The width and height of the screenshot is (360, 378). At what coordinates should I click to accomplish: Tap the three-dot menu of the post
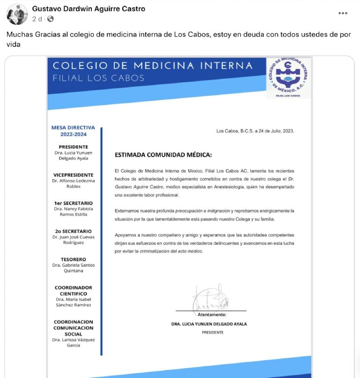[x=343, y=13]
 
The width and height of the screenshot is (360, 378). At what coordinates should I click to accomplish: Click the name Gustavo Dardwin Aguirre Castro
[x=89, y=9]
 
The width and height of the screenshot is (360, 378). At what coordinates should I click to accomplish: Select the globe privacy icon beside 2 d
[x=50, y=19]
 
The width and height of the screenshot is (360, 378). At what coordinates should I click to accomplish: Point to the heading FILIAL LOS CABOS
[x=98, y=78]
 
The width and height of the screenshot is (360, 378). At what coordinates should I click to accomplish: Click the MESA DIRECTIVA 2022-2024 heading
[x=73, y=131]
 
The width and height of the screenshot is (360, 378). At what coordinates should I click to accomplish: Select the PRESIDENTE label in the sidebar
[x=73, y=147]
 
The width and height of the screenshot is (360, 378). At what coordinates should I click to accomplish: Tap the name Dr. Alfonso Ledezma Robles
[x=73, y=183]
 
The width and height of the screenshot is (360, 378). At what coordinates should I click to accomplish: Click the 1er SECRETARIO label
[x=73, y=203]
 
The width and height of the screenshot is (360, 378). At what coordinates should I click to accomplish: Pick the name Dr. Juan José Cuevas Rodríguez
[x=73, y=240]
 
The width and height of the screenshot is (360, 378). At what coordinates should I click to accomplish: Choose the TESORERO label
[x=73, y=259]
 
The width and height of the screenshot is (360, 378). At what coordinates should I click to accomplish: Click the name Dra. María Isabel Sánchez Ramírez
[x=73, y=302]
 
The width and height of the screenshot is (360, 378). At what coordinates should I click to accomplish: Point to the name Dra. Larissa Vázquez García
[x=73, y=342]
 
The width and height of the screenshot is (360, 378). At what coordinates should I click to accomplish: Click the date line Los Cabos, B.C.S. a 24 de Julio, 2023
[x=255, y=131]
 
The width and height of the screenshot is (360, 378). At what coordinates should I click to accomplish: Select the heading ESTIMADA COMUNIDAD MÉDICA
[x=163, y=155]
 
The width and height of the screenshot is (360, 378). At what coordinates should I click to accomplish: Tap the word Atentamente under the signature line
[x=212, y=314]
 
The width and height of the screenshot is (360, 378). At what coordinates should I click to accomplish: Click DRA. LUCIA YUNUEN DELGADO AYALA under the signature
[x=209, y=324]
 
